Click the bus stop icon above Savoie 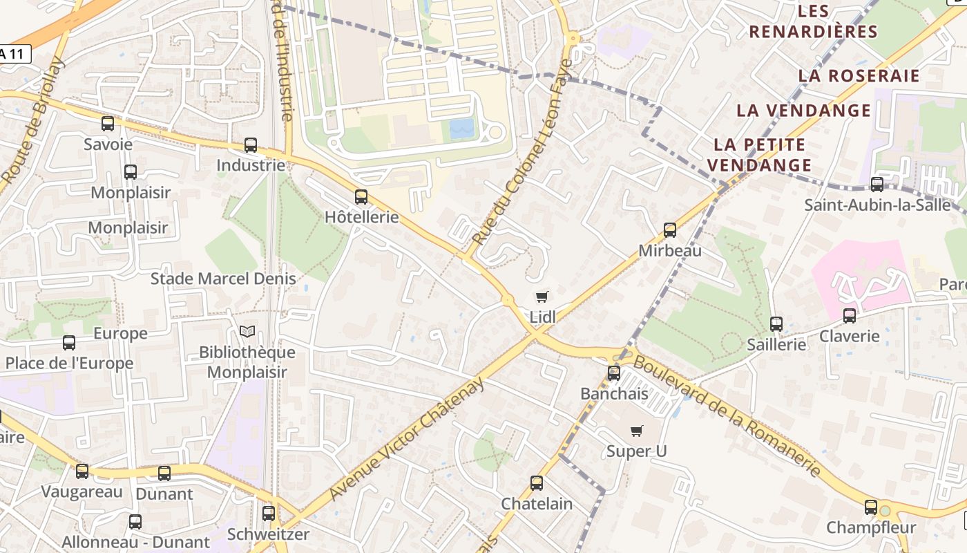pyautogui.click(x=108, y=124)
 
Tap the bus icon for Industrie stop pyautogui.click(x=251, y=145)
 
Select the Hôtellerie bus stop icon pyautogui.click(x=361, y=196)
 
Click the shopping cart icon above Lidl pyautogui.click(x=542, y=297)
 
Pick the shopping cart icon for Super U pyautogui.click(x=636, y=431)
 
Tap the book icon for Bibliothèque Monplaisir pyautogui.click(x=247, y=332)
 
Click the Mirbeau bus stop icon pyautogui.click(x=669, y=230)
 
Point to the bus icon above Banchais pyautogui.click(x=614, y=373)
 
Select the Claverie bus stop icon pyautogui.click(x=850, y=316)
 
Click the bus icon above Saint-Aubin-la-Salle pyautogui.click(x=877, y=185)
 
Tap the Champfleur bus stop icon pyautogui.click(x=871, y=507)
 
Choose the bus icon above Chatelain pyautogui.click(x=537, y=483)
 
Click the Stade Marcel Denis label pyautogui.click(x=223, y=279)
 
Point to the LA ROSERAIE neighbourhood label pyautogui.click(x=859, y=75)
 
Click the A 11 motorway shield pyautogui.click(x=14, y=54)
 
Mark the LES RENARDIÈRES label pyautogui.click(x=814, y=21)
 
